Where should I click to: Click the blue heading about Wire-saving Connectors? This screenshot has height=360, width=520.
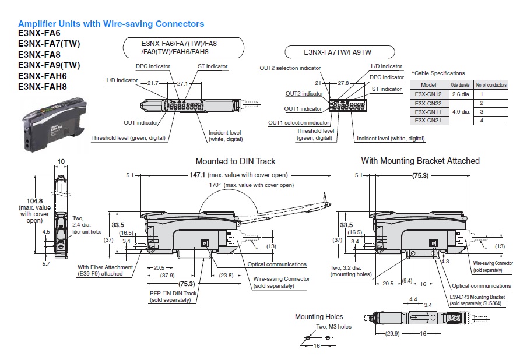click(111, 24)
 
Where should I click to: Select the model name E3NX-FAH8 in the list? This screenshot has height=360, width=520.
click(43, 87)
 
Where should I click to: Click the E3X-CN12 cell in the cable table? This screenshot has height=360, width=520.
click(428, 94)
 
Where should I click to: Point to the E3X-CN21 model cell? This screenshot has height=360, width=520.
click(428, 120)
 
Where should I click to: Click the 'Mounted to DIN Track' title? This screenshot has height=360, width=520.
click(236, 161)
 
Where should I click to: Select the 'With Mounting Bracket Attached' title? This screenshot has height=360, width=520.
click(420, 160)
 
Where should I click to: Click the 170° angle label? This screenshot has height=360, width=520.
click(215, 185)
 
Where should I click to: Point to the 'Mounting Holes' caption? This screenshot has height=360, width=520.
click(319, 316)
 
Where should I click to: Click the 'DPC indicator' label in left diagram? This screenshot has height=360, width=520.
click(153, 66)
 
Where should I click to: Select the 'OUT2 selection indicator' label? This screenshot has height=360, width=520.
click(290, 68)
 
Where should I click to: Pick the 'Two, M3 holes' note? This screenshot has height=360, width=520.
click(334, 327)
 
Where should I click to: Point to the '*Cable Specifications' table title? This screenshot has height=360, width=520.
click(438, 73)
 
